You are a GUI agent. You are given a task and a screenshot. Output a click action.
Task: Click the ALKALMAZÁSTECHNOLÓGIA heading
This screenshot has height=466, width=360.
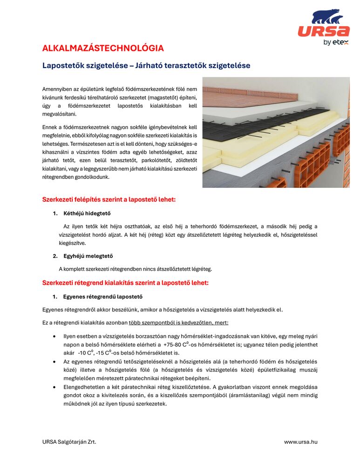(103, 48)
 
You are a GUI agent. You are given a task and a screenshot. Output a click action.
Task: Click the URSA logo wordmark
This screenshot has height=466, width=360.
(324, 31)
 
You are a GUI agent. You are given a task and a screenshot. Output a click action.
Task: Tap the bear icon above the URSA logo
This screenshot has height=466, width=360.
(327, 17)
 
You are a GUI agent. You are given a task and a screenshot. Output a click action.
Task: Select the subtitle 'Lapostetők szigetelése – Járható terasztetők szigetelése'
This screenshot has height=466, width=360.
(146, 66)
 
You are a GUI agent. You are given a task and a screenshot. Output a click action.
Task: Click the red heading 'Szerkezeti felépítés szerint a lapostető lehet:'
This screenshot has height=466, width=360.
(109, 200)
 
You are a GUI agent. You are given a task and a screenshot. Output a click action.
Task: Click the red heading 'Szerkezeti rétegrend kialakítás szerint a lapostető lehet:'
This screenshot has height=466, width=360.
(125, 283)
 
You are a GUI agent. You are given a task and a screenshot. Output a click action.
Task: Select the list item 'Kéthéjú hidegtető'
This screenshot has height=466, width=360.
(87, 214)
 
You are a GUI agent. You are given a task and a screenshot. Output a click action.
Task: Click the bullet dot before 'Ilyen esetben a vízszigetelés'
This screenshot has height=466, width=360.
(55, 336)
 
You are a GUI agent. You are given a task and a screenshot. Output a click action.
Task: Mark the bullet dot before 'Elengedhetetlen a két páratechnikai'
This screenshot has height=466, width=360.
(55, 387)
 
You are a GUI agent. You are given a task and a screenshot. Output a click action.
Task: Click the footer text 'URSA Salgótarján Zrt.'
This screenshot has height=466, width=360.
(69, 442)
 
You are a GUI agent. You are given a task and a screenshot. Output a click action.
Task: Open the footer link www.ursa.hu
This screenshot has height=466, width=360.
(300, 442)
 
